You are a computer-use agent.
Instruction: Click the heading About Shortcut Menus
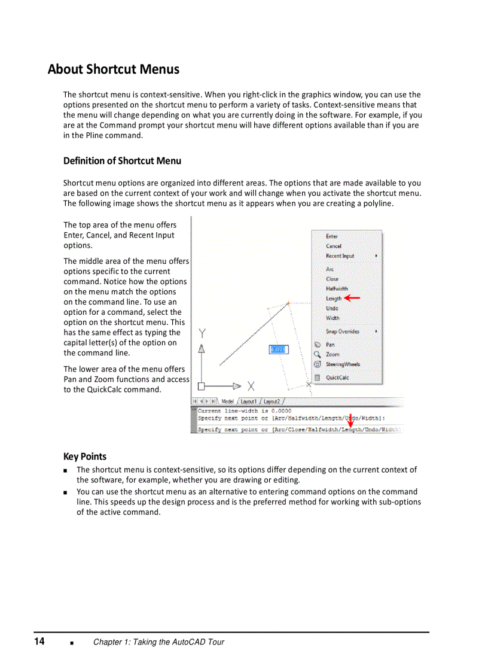[x=114, y=69]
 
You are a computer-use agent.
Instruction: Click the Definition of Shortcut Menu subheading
[x=122, y=160]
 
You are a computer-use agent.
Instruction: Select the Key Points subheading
[x=85, y=456]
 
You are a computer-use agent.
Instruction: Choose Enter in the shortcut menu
[x=332, y=236]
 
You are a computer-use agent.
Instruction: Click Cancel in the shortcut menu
[x=334, y=246]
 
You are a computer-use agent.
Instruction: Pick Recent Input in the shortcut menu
[x=340, y=256]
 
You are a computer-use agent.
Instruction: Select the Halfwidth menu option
[x=337, y=288]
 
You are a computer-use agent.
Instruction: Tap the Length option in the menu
[x=334, y=298]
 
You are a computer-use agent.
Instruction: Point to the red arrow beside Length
[x=352, y=297]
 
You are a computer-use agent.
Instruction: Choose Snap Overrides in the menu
[x=342, y=331]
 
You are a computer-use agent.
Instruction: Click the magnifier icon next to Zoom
[x=317, y=354]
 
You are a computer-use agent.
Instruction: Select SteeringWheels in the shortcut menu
[x=343, y=364]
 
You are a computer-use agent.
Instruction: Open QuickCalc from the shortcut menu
[x=337, y=378]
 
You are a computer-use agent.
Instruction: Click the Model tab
[x=227, y=402]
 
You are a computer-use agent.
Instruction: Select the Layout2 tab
[x=272, y=402]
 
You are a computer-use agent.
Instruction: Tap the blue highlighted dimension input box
[x=279, y=349]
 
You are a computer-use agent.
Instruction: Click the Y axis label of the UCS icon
[x=202, y=333]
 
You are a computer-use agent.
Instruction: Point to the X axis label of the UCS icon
[x=251, y=386]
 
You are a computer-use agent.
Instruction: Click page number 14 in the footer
[x=39, y=641]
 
